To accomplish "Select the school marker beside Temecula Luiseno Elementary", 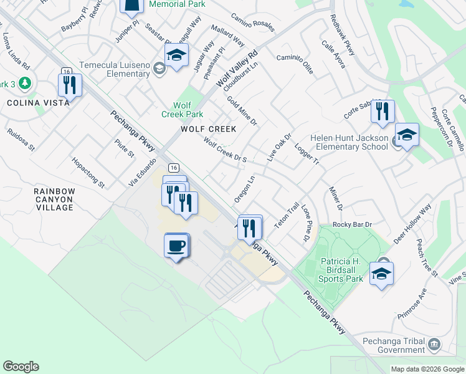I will (176, 55).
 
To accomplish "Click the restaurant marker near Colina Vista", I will (69, 85).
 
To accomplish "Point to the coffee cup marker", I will (176, 244).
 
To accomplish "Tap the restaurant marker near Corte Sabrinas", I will (381, 112).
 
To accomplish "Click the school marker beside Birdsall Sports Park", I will (381, 274).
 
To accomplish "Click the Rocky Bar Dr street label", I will (352, 224).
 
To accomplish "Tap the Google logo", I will (21, 367).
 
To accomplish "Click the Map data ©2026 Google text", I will (427, 369).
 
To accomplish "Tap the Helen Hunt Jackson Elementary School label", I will (353, 142).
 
